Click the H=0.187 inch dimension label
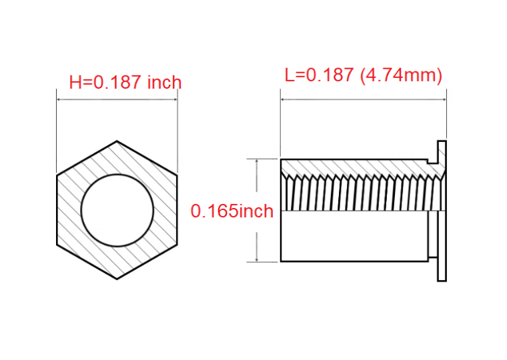pos(125,82)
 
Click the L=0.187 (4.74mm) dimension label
pos(364,75)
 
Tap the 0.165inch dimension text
pos(232,211)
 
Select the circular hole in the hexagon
pos(117,175)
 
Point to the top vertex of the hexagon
pos(117,141)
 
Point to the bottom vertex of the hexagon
pos(117,279)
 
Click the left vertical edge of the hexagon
pos(57,211)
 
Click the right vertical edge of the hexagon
pos(177,211)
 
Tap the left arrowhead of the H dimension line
pos(59,99)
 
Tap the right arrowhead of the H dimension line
pos(175,99)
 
